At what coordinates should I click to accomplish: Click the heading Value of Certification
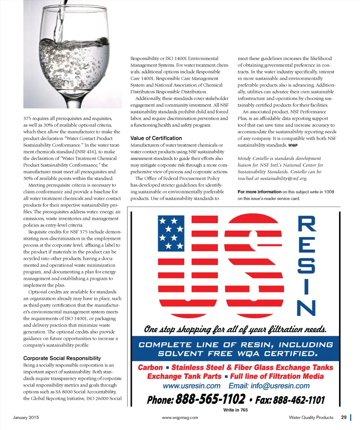[156, 138]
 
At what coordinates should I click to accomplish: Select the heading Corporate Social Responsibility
[62, 358]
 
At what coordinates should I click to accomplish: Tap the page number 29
[344, 417]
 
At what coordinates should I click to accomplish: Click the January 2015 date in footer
[26, 418]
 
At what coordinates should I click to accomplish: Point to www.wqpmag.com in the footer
[180, 418]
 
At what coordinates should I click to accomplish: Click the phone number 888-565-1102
[210, 399]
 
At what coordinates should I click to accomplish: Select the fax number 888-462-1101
[299, 400]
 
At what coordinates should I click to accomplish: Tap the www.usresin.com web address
[192, 386]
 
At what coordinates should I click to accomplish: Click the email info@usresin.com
[269, 386]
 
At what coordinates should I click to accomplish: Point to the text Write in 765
[236, 410]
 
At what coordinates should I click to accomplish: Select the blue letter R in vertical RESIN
[307, 224]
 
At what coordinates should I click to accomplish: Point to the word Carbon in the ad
[150, 368]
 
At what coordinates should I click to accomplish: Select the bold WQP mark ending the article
[293, 145]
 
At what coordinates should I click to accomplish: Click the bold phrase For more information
[259, 192]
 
